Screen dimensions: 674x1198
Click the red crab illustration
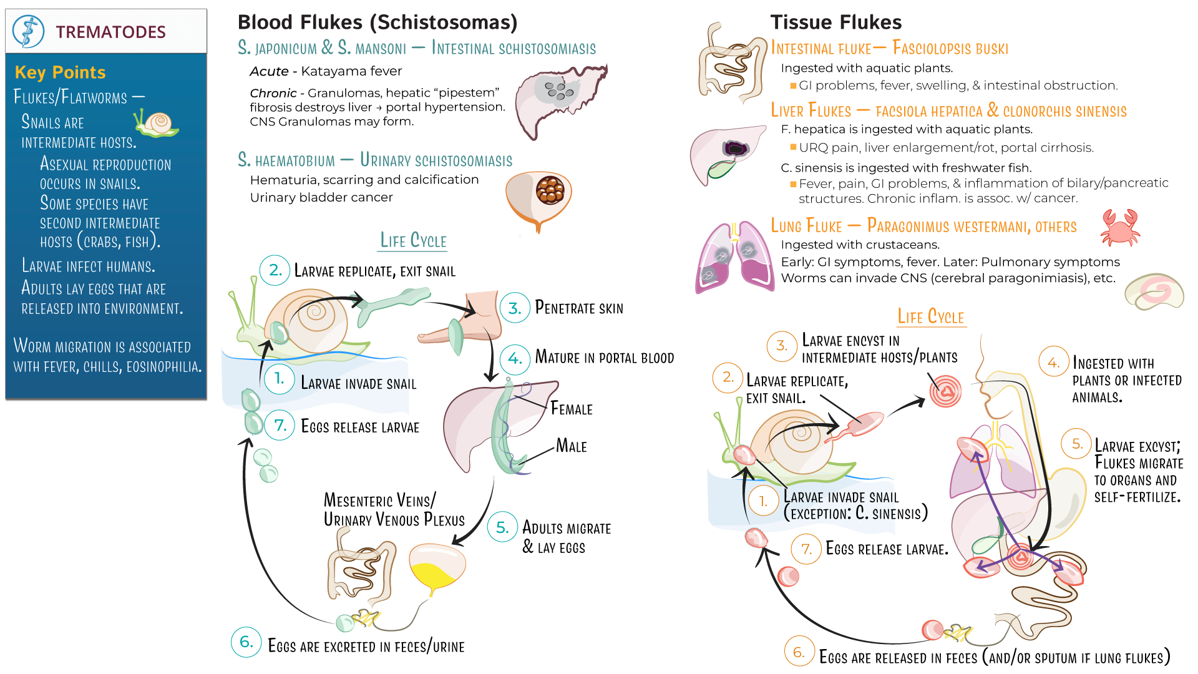(1120, 227)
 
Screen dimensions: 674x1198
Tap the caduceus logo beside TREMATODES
(28, 31)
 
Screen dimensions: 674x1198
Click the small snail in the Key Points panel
(157, 124)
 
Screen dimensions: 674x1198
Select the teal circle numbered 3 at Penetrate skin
(515, 308)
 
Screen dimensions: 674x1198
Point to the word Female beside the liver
(571, 409)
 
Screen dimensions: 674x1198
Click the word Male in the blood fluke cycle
(571, 446)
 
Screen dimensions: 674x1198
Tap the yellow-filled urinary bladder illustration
(437, 568)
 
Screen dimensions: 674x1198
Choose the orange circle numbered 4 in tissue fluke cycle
(1053, 363)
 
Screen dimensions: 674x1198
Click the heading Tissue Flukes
(835, 22)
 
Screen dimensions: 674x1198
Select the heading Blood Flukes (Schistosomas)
(377, 22)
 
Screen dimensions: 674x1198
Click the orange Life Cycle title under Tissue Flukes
(930, 316)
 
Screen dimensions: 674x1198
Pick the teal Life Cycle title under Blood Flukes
(413, 241)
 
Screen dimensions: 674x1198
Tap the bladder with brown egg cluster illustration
(539, 197)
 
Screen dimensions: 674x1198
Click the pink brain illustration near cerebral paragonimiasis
(1154, 291)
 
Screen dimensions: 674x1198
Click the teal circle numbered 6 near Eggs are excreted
(246, 642)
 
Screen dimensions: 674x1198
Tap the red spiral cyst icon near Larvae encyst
(945, 391)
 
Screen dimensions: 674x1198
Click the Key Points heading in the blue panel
(60, 72)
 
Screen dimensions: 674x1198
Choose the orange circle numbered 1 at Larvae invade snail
(763, 501)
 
